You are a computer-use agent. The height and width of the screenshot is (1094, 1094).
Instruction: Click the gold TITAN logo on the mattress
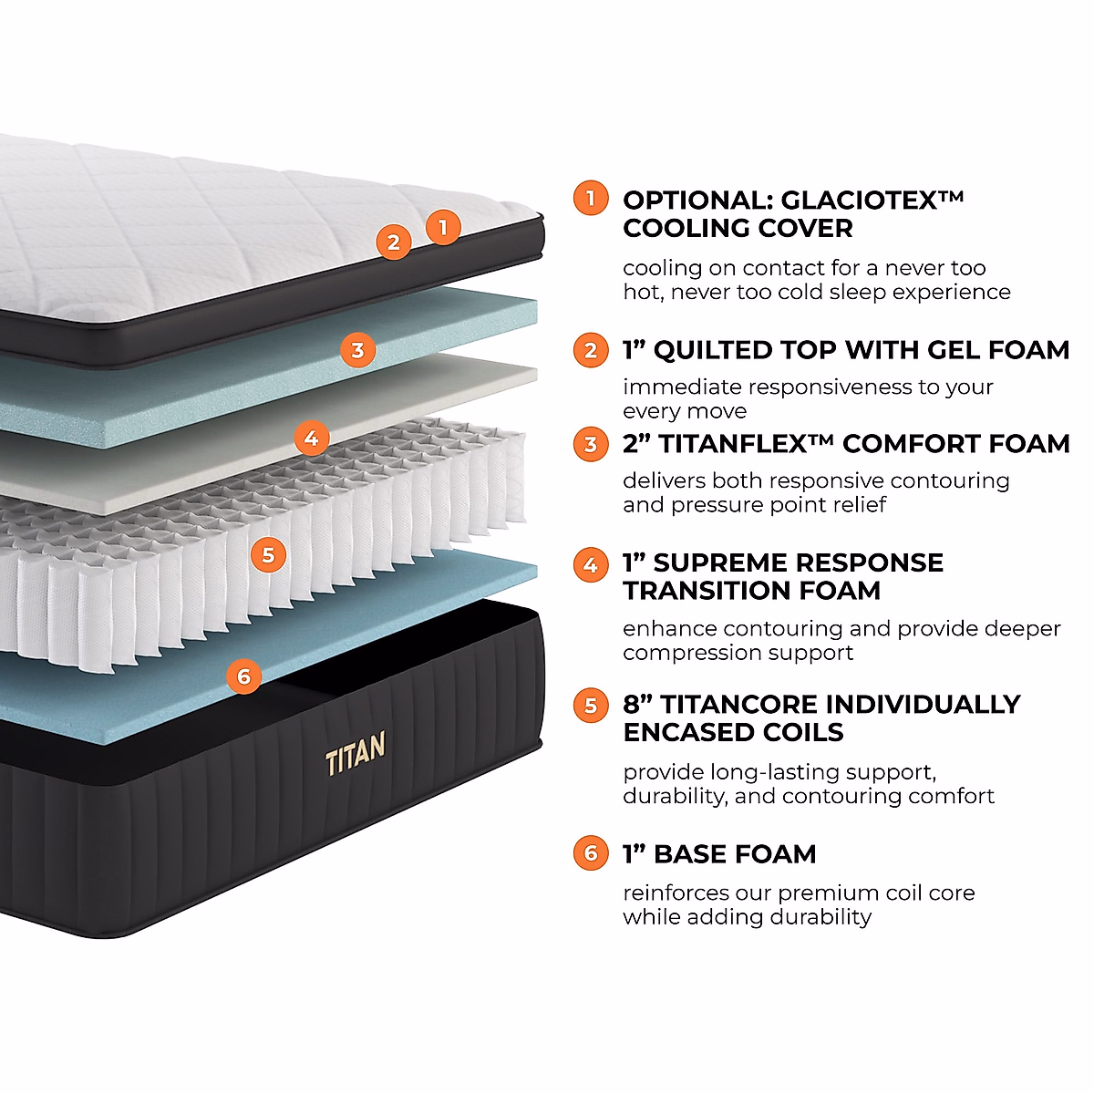[x=355, y=752]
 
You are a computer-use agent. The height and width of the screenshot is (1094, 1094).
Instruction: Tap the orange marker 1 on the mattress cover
[x=443, y=226]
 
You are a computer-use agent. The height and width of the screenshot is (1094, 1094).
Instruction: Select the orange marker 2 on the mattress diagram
[x=394, y=243]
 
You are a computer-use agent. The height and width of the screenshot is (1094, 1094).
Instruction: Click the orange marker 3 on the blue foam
[x=357, y=350]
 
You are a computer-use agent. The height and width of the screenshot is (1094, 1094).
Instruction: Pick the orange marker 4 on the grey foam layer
[x=311, y=439]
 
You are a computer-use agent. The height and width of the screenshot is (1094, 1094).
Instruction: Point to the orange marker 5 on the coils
[x=267, y=554]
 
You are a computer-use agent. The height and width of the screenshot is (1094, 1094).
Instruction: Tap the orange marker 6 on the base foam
[x=243, y=676]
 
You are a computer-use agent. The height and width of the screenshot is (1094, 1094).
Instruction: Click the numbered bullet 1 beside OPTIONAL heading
[x=591, y=199]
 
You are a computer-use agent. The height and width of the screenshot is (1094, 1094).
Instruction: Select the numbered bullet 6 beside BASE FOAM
[x=591, y=853]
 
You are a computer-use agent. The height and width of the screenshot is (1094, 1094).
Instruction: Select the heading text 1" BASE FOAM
[x=719, y=854]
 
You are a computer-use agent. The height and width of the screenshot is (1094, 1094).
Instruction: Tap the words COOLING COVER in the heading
[x=738, y=228]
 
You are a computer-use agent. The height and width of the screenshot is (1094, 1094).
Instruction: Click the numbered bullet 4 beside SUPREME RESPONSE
[x=591, y=565]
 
